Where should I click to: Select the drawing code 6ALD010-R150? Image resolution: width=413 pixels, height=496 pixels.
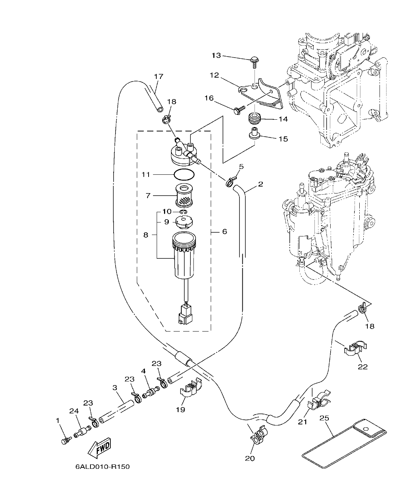pyautogui.click(x=102, y=467)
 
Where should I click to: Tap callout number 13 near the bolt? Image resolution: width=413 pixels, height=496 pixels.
pyautogui.click(x=216, y=55)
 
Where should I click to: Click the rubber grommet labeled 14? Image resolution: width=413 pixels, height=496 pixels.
pyautogui.click(x=254, y=119)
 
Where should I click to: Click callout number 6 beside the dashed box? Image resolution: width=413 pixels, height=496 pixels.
pyautogui.click(x=224, y=232)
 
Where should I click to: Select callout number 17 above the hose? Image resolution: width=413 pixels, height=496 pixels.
pyautogui.click(x=159, y=77)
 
